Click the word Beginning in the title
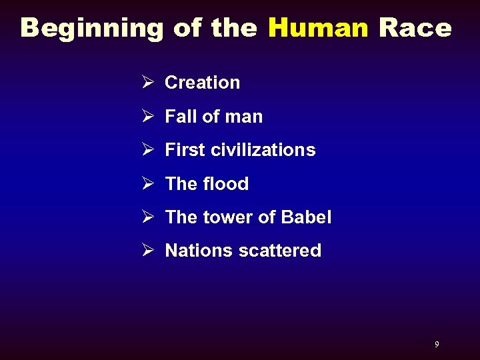point(92,28)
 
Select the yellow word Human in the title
point(318,28)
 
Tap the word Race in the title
point(415,28)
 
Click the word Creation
point(202,83)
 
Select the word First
point(185,150)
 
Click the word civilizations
point(263,150)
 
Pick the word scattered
point(279,251)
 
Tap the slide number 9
point(437,345)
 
